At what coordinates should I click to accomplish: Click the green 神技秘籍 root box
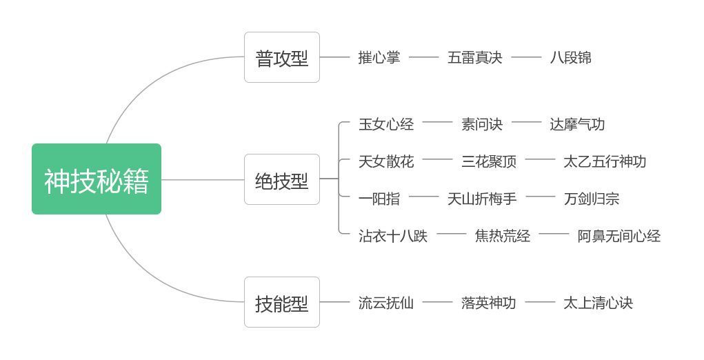(97, 179)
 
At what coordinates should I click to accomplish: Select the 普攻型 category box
(282, 57)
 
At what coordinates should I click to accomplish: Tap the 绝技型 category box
(282, 179)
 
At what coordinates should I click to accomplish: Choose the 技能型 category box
(282, 302)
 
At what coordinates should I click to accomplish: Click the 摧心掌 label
(379, 57)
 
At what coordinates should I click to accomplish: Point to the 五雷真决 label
(474, 57)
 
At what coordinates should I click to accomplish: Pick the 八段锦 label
(571, 57)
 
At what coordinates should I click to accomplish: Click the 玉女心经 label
(386, 124)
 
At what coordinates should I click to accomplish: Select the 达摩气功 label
(577, 124)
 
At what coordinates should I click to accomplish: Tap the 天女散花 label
(386, 161)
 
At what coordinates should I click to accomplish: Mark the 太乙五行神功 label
(605, 161)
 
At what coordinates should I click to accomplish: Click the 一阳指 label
(379, 199)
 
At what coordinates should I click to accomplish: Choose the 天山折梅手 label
(482, 199)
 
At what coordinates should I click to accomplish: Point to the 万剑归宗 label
(592, 199)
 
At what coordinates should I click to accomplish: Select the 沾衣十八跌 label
(393, 236)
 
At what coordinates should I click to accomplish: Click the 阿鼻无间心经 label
(618, 236)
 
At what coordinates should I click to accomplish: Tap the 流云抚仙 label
(386, 303)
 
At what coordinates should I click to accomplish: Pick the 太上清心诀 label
(598, 303)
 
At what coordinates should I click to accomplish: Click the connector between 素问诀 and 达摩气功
(526, 121)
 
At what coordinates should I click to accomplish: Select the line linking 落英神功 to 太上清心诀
(540, 302)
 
